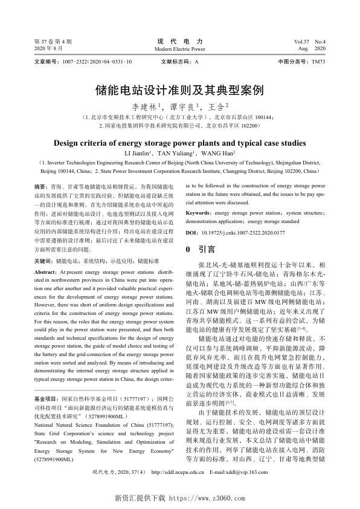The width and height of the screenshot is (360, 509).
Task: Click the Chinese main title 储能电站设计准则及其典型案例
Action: pyautogui.click(x=180, y=91)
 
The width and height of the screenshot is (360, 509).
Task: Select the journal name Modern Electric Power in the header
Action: pyautogui.click(x=180, y=48)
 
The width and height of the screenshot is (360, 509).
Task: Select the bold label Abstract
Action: pyautogui.click(x=46, y=273)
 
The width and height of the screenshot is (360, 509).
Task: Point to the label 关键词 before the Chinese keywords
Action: pyautogui.click(x=43, y=261)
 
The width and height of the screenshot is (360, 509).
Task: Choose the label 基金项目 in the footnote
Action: pyautogui.click(x=46, y=400)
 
